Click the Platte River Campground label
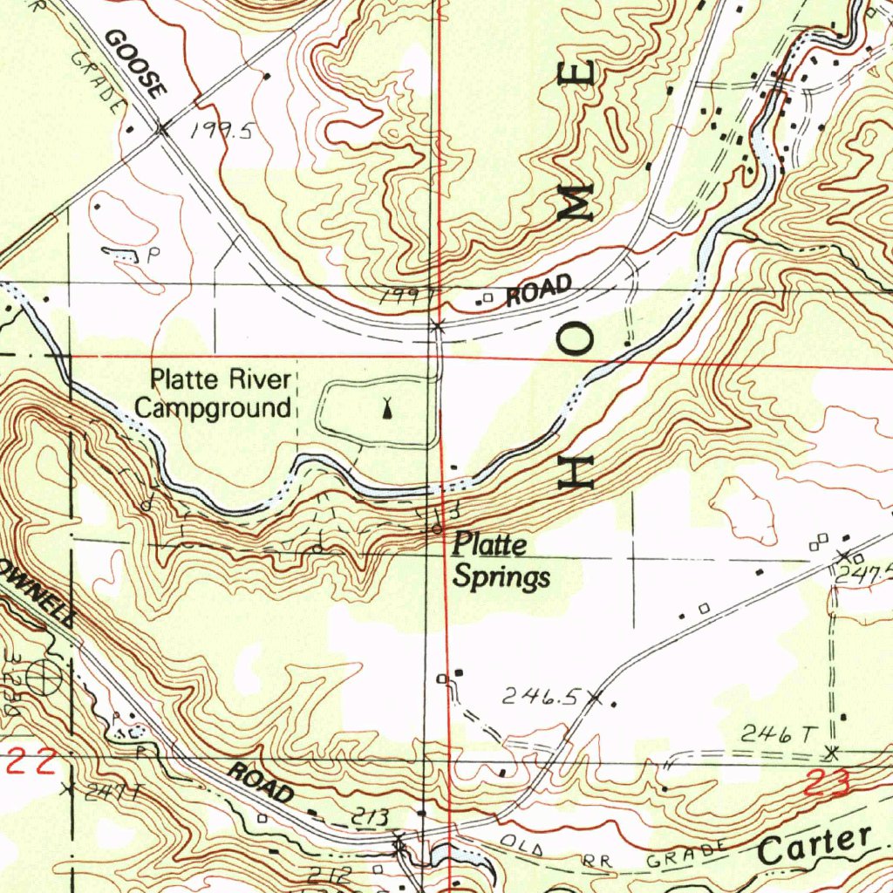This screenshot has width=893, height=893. coord(220,393)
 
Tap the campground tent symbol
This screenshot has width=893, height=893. coord(386,406)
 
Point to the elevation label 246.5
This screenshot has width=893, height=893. coord(541,697)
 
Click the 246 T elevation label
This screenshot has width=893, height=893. coord(776,736)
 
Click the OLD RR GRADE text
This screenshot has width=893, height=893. coord(610,856)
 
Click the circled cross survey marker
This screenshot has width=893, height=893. coord(41,675)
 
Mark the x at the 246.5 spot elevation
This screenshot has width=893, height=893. coord(596,697)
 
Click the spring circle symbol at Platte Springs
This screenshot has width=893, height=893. coord(435,529)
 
